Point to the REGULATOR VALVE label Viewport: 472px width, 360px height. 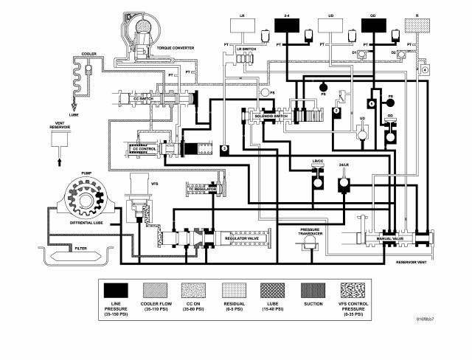[242, 238]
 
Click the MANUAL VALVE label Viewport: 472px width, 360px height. [389, 239]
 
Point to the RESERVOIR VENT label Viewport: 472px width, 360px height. [412, 262]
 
